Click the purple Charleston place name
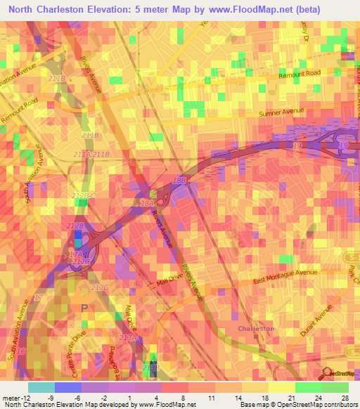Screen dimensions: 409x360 256,328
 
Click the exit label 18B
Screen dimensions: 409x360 181,181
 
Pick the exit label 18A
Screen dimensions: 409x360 147,203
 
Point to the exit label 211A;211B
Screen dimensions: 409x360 91,154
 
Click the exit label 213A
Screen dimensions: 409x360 127,338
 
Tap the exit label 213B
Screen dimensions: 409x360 151,367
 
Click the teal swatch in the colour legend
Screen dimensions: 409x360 41,387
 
